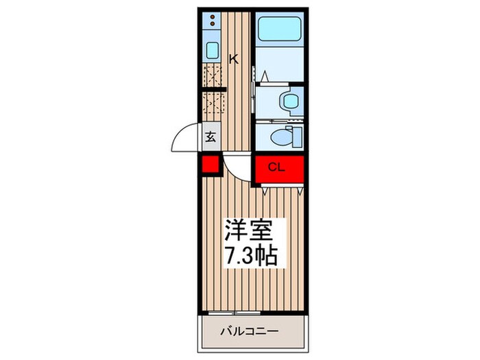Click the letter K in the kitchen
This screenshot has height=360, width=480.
pos(234,59)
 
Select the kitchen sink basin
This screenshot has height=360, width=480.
pos(213,50)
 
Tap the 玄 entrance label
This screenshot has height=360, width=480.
pos(211,136)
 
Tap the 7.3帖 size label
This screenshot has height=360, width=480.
pos(251,256)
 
